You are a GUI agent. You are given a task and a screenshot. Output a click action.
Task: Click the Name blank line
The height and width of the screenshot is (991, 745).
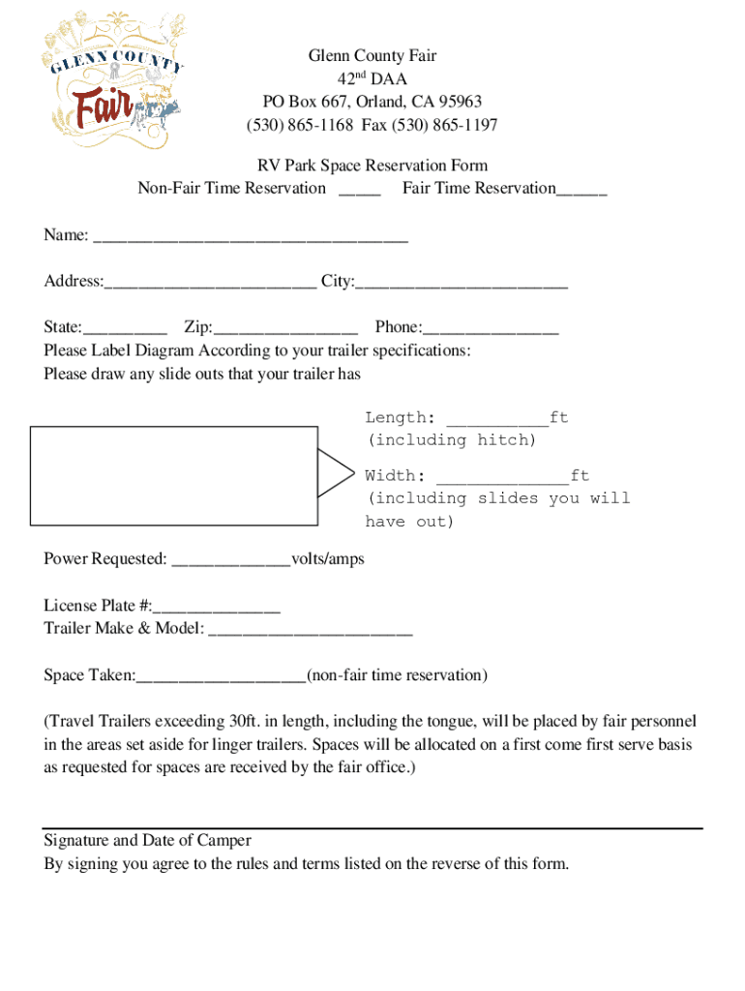click(x=250, y=236)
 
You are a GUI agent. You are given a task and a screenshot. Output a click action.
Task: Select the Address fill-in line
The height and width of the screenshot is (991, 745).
click(x=210, y=283)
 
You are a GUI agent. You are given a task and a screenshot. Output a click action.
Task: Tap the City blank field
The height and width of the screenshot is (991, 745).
click(x=462, y=283)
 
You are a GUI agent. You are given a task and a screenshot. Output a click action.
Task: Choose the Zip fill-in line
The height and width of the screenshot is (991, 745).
click(x=285, y=329)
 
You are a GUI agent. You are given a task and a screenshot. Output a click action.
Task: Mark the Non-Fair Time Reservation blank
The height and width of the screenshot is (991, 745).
click(x=359, y=190)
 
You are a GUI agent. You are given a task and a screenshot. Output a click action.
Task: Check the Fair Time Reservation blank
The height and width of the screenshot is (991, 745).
click(x=581, y=190)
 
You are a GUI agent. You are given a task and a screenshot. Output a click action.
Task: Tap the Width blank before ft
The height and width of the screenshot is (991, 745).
click(x=502, y=477)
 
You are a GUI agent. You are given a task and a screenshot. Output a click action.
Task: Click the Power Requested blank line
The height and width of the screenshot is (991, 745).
click(x=230, y=561)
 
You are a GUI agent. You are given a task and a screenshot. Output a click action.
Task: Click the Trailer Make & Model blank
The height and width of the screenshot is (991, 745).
click(x=310, y=631)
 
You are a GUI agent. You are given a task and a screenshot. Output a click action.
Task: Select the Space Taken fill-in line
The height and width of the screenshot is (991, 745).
click(x=221, y=676)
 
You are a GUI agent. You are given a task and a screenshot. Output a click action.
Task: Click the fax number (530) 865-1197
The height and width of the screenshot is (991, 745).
click(x=444, y=125)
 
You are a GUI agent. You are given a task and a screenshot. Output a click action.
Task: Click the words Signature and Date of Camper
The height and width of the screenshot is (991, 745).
click(x=147, y=840)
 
